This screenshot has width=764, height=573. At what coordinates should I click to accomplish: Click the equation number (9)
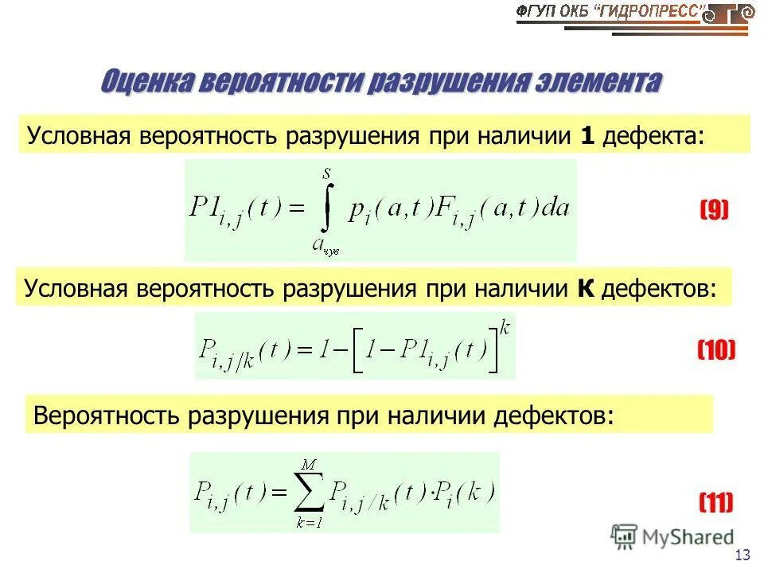(x=714, y=209)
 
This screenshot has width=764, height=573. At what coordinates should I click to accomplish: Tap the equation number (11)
(x=715, y=502)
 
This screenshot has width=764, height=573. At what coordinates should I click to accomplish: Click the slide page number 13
(x=744, y=555)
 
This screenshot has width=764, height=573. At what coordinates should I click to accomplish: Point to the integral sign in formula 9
(x=325, y=209)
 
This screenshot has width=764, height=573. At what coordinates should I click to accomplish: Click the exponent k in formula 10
(x=503, y=325)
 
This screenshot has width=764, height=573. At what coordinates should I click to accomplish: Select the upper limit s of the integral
(x=326, y=170)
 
